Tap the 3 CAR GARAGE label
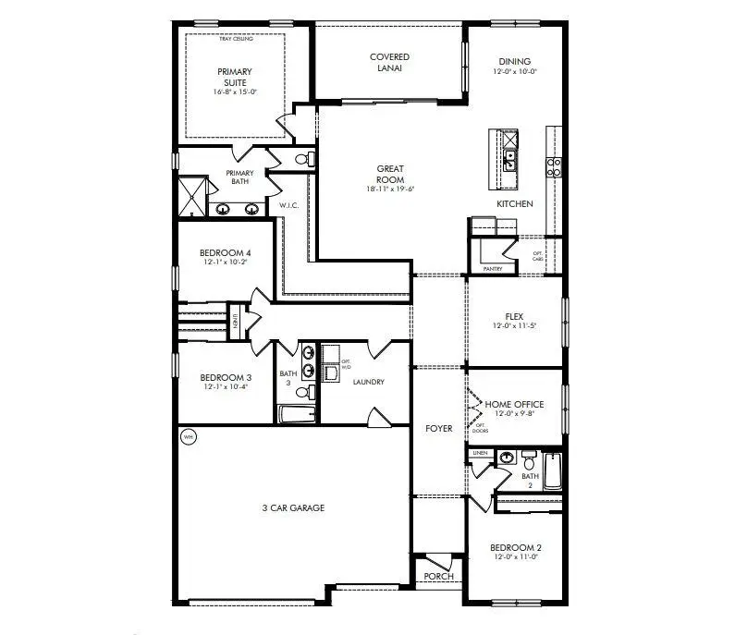coord(293,507)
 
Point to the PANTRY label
coord(492,269)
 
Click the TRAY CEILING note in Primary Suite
coord(236,39)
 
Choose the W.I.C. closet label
coord(287,204)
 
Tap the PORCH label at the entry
coord(438,577)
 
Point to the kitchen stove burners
coord(555,166)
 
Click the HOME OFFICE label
coord(514,405)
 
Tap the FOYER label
coord(438,429)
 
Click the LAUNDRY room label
coord(367,382)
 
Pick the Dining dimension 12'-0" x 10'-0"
coord(514,70)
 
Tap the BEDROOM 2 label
coord(514,547)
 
